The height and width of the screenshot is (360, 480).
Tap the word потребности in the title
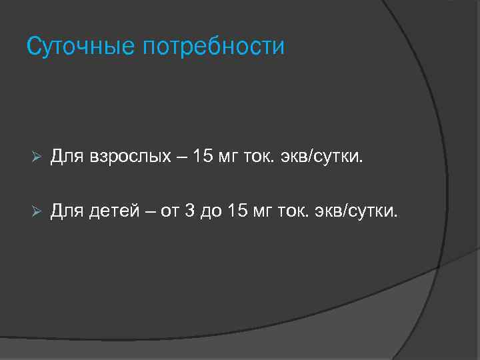click(x=213, y=47)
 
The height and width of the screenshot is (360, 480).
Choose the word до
click(x=212, y=212)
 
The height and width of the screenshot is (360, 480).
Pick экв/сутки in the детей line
click(x=362, y=212)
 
